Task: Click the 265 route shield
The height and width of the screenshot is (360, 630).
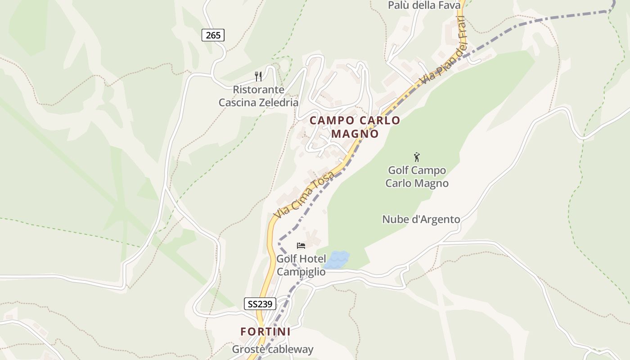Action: point(213,35)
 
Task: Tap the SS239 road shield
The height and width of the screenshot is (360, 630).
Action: point(260,304)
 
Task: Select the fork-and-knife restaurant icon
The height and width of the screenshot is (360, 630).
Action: point(258,76)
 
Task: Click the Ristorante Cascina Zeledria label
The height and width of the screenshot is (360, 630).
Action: point(258,96)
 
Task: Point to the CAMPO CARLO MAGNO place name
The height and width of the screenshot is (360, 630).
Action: point(355,127)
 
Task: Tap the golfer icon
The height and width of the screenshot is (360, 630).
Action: point(417,157)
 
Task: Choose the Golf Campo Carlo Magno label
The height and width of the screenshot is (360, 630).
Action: point(417,177)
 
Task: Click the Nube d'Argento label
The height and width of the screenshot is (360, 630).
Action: point(421,219)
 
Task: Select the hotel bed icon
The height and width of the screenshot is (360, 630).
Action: point(301,246)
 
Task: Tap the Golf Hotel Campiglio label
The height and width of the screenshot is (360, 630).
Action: point(301,265)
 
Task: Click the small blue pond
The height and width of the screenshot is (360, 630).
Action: point(337,260)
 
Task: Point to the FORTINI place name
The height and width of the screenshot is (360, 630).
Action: point(265,332)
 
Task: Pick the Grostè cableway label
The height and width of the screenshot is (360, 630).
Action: point(273,349)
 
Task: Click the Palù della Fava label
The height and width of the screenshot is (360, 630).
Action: point(424,5)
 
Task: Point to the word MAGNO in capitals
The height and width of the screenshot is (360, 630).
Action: point(355,134)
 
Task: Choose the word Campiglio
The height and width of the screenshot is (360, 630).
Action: point(301,271)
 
